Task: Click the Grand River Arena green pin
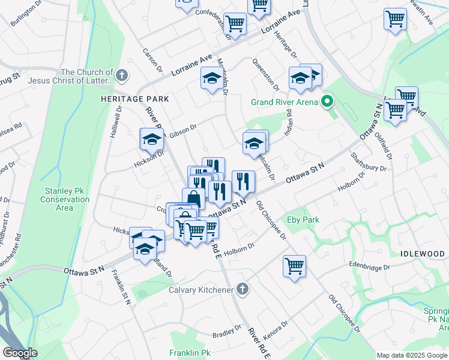(327, 101)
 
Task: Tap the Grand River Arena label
(284, 101)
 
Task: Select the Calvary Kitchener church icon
(242, 290)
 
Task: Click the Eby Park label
(303, 220)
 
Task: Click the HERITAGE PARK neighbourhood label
(134, 98)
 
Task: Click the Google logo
(20, 353)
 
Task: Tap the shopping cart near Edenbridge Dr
(294, 266)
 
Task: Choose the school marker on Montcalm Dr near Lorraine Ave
(211, 79)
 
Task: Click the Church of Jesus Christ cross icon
(122, 75)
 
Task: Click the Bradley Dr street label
(226, 331)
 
